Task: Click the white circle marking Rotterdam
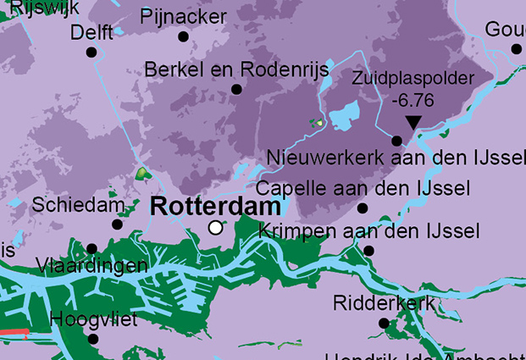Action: coord(216,227)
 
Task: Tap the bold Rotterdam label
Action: coord(216,206)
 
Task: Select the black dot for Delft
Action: coord(91,53)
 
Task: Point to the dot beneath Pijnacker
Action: coord(183,36)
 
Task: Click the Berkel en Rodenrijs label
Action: coord(236,69)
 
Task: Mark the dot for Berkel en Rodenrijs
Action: coord(236,89)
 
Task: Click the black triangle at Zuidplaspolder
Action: coord(412,123)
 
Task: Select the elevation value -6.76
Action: coord(413,100)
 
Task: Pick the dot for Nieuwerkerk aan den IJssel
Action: coord(396,141)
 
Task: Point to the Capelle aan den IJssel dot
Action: coord(363,208)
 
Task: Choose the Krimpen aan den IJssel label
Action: coord(368,231)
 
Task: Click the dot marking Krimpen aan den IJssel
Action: coord(368,251)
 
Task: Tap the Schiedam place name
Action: coord(78,205)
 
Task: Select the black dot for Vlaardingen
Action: coord(91,248)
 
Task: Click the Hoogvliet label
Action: coord(93,319)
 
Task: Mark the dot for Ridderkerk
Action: coord(384,323)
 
